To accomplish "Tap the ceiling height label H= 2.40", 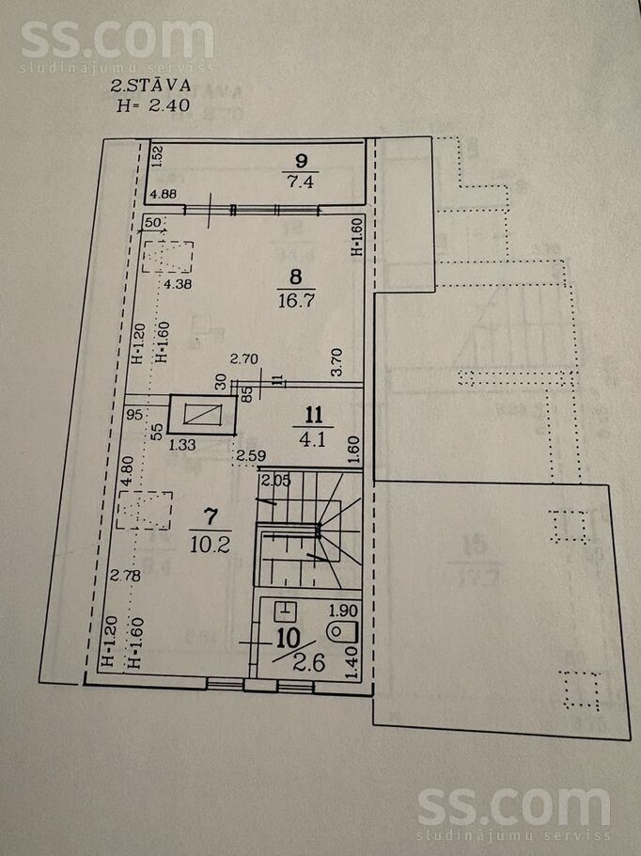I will coord(154,105).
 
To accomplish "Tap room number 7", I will coord(211,516).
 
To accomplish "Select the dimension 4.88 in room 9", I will coord(163,196).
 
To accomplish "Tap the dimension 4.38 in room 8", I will coord(178,284).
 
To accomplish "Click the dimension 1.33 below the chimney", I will coord(186,445).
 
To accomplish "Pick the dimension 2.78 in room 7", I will coord(122,575).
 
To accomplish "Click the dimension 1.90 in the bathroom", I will coord(345,609).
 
